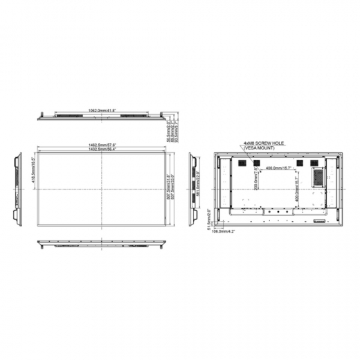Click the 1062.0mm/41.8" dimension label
102,110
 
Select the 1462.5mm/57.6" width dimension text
102,145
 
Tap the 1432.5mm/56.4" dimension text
102,149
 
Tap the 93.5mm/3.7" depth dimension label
177,128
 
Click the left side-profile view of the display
16,187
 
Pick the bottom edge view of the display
102,244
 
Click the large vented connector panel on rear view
318,175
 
